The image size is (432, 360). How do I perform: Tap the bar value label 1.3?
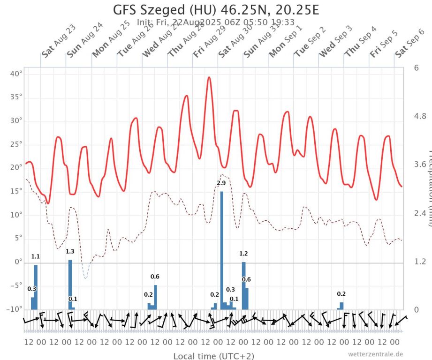(x=70, y=252)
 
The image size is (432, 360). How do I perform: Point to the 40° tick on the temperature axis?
(x=16, y=74)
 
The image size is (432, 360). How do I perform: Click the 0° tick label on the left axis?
(x=17, y=262)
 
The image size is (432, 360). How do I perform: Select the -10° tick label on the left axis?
(x=15, y=309)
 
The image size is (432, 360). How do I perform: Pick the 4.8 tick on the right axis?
(x=419, y=116)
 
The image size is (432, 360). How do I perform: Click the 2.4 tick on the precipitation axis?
(x=419, y=213)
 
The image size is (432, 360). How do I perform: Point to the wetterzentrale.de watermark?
(x=375, y=354)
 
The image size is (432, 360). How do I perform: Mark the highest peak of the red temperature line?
(x=209, y=77)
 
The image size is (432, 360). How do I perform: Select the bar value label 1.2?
(x=243, y=254)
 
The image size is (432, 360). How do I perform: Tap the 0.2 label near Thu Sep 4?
(x=341, y=294)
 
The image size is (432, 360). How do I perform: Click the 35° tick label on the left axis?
(x=16, y=97)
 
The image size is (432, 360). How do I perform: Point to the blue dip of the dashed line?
(x=85, y=277)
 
